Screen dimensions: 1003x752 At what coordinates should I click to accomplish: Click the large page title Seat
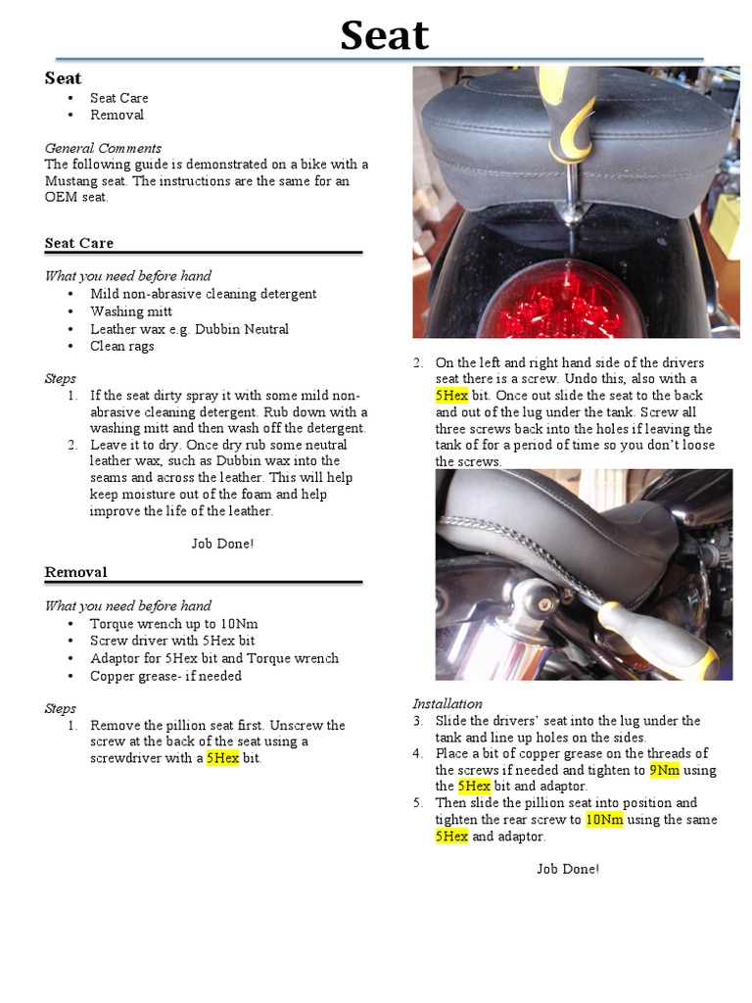[x=384, y=36]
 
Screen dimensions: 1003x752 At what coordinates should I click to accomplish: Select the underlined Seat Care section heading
[x=78, y=243]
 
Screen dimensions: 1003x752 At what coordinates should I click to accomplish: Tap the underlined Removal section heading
[x=75, y=572]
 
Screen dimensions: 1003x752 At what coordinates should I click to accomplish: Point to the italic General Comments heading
[x=103, y=148]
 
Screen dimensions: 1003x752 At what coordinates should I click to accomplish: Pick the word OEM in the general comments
[x=61, y=198]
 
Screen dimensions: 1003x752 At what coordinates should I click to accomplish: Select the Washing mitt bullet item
[x=131, y=311]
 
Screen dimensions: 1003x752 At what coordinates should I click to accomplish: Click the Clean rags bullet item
[x=122, y=346]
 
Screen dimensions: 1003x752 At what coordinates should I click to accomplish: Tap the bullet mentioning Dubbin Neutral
[x=189, y=329]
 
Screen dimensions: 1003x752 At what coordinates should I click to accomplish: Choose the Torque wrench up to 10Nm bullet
[x=173, y=624]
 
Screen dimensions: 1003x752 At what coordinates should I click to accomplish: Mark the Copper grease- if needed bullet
[x=165, y=676]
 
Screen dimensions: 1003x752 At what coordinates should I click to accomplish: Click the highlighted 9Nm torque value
[x=664, y=770]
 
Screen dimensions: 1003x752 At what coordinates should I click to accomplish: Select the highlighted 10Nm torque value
[x=604, y=820]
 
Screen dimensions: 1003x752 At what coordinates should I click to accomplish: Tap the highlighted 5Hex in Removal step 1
[x=222, y=759]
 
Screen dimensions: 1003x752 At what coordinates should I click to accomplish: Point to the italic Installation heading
[x=446, y=703]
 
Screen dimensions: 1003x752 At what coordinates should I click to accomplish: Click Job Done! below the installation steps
[x=568, y=869]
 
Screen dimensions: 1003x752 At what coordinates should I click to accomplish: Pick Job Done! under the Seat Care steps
[x=222, y=544]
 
